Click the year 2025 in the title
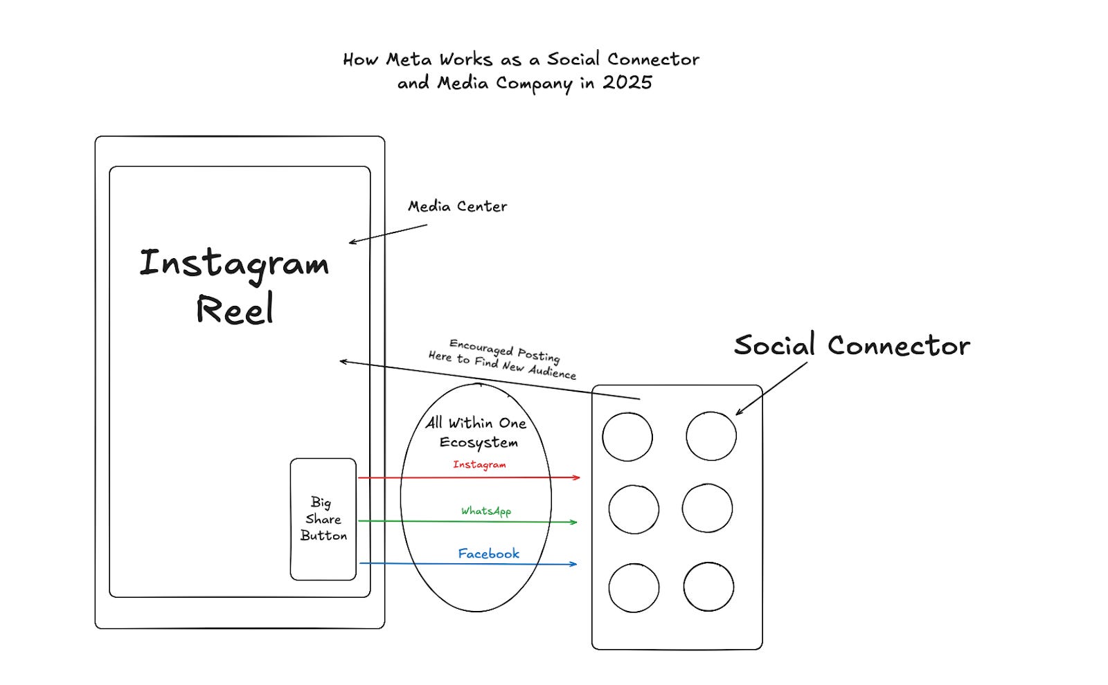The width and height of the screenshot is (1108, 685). pyautogui.click(x=627, y=82)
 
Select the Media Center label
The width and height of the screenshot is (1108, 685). pyautogui.click(x=457, y=206)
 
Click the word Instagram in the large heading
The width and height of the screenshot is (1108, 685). pyautogui.click(x=234, y=264)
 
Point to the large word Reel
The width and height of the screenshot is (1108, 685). pyautogui.click(x=235, y=309)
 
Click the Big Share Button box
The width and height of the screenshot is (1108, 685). pyautogui.click(x=323, y=519)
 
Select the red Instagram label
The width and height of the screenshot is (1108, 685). pyautogui.click(x=479, y=464)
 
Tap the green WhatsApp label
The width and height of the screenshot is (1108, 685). pyautogui.click(x=486, y=511)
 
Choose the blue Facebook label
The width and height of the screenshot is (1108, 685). pyautogui.click(x=488, y=554)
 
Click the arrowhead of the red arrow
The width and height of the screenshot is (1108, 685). pyautogui.click(x=578, y=477)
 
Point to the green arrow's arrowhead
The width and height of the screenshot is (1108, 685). pyautogui.click(x=574, y=522)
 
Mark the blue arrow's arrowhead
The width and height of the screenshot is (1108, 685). pyautogui.click(x=574, y=564)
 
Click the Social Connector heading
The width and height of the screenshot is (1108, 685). pyautogui.click(x=852, y=345)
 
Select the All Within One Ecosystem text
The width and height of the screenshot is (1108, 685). pyautogui.click(x=477, y=432)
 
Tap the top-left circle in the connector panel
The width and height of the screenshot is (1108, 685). pyautogui.click(x=627, y=437)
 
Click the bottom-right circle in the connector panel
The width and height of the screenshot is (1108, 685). pyautogui.click(x=708, y=587)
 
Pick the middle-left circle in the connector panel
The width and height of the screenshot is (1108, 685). pyautogui.click(x=634, y=509)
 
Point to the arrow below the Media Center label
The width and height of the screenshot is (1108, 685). pyautogui.click(x=388, y=234)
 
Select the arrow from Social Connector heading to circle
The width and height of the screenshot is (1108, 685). pyautogui.click(x=771, y=389)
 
